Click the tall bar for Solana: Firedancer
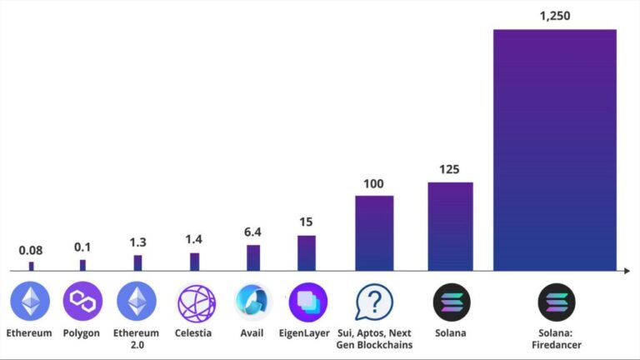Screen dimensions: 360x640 [554, 150]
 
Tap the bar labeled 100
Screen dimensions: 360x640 [374, 233]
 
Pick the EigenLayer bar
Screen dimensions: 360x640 [307, 253]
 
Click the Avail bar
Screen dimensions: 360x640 [253, 257]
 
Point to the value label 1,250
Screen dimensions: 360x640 [554, 15]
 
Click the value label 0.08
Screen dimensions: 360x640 [32, 250]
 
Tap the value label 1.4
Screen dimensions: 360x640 [194, 240]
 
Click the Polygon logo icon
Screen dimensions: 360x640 [82, 302]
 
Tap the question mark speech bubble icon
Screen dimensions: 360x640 [374, 302]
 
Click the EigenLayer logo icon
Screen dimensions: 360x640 [307, 302]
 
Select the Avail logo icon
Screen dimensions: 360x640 [253, 302]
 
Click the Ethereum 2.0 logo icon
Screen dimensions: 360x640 [137, 302]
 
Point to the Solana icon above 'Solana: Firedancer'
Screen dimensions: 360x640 [556, 302]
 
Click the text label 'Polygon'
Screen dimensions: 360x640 [82, 333]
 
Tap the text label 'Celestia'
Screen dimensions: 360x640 [193, 333]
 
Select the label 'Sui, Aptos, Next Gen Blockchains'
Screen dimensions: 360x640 [374, 338]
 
